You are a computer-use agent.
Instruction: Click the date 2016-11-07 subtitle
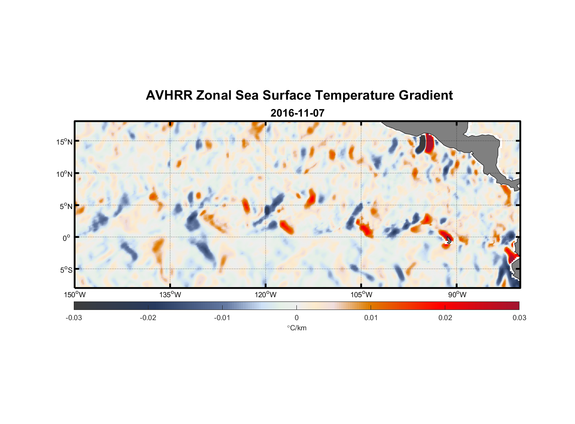point(297,113)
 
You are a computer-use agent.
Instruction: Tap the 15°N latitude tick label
point(64,142)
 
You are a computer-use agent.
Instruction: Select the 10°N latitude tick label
point(64,174)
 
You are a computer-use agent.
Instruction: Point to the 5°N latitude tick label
point(66,206)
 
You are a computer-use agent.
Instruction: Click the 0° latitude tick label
point(67,238)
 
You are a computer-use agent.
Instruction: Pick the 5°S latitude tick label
point(66,270)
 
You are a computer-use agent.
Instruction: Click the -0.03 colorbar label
point(74,318)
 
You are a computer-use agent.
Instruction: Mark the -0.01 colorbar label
point(222,318)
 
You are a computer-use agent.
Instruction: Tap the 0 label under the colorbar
point(296,318)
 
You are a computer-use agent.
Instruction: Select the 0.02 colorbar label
point(445,318)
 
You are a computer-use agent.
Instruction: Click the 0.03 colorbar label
point(519,318)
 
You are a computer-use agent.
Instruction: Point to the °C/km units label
point(296,328)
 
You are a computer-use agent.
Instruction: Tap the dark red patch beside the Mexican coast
point(429,144)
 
